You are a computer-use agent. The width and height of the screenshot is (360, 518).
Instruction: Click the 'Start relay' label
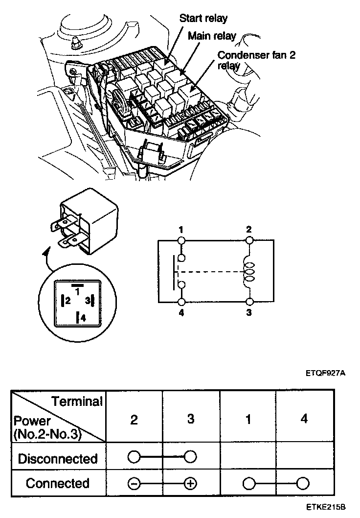(203, 19)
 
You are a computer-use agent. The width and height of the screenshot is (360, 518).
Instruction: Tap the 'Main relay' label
(212, 36)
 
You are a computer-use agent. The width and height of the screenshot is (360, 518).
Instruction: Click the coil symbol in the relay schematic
(249, 270)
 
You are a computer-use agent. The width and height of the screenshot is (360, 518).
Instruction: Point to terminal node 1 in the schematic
(181, 240)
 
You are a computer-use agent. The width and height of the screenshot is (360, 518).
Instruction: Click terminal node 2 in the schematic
(249, 240)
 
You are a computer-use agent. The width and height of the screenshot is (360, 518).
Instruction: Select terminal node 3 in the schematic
(249, 301)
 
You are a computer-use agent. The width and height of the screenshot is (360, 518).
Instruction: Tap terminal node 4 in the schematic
(181, 301)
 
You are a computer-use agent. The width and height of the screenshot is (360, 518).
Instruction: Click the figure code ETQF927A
(326, 373)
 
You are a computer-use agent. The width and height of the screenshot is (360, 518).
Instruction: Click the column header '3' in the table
(191, 419)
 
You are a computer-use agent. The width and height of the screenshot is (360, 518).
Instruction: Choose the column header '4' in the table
(304, 419)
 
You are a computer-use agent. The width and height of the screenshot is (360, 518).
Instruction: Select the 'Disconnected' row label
(58, 459)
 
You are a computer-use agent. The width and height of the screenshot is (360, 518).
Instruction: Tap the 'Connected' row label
(58, 483)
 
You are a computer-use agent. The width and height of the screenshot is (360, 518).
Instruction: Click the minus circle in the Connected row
(134, 484)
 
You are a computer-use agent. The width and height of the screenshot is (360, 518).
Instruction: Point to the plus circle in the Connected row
(190, 484)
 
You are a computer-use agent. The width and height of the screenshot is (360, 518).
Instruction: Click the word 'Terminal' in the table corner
(77, 402)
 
